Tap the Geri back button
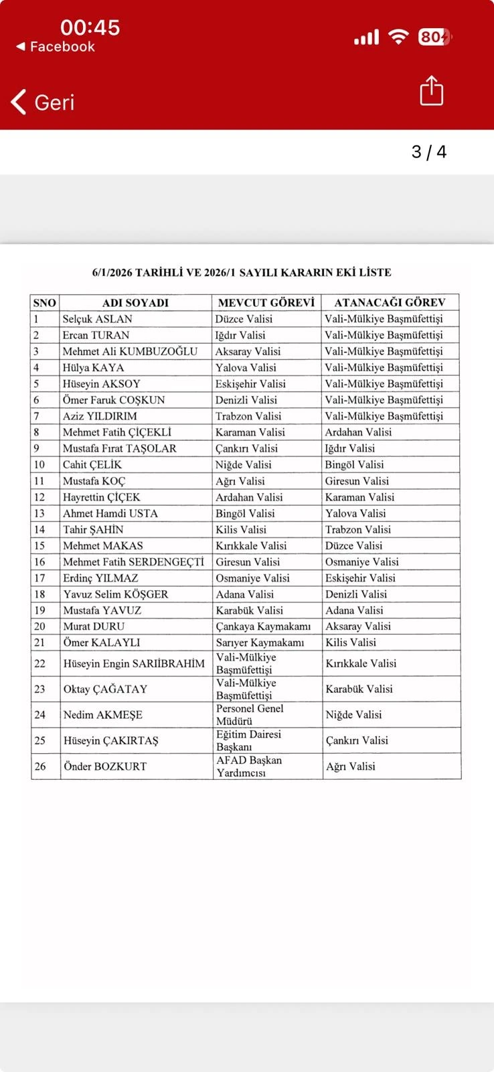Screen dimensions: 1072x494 coord(43,103)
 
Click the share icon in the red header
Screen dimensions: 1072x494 coord(432,90)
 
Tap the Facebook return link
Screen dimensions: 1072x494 coord(56,47)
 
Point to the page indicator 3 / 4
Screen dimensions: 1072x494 coord(429,152)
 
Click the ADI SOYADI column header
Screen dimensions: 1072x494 coord(135,303)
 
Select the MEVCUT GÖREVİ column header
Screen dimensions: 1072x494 coord(266,303)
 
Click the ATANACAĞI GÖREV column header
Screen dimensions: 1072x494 coord(390,303)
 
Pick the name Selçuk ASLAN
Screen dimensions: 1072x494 coord(98,319)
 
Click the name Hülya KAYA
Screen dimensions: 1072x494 coord(94,368)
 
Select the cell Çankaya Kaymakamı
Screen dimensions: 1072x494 coord(263,626)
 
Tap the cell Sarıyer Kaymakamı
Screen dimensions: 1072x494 coord(260,643)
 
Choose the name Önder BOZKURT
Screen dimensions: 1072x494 coord(105,766)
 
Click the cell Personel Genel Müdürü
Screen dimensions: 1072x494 coord(250,715)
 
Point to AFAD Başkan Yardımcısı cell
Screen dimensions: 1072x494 coord(249,766)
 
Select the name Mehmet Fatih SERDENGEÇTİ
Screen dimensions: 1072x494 coord(133,562)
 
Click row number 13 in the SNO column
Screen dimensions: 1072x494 coord(39,513)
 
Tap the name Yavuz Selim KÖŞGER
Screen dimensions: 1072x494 coord(116,594)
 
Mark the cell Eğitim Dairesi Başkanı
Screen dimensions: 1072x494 coord(248,740)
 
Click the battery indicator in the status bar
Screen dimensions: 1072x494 coord(434,37)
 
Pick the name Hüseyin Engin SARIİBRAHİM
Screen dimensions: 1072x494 coord(134,663)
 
